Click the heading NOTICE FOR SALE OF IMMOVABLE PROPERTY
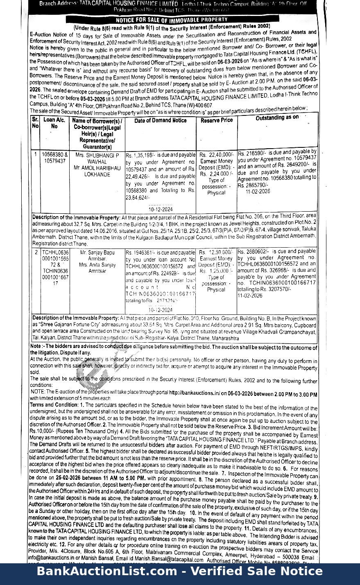(171, 20)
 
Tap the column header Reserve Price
(216, 120)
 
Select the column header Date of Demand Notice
(160, 120)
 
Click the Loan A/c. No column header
(54, 123)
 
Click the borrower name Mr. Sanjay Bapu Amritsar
(97, 256)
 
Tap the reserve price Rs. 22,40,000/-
(216, 155)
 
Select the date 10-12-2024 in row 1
(160, 210)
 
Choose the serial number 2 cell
(36, 253)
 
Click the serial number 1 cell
(36, 155)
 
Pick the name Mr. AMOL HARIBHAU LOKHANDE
(97, 171)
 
